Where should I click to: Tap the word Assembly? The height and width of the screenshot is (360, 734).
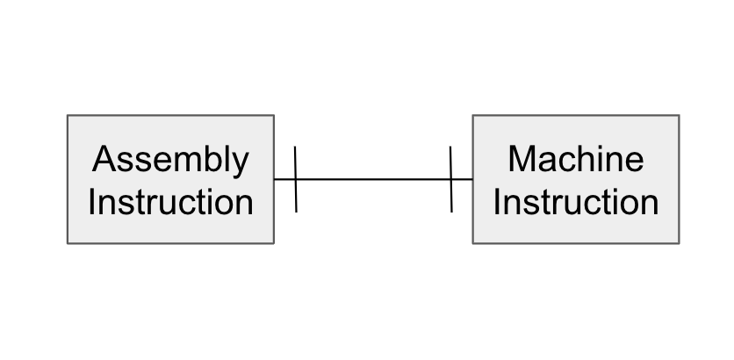tap(170, 160)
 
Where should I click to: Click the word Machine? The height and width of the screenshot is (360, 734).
tap(575, 159)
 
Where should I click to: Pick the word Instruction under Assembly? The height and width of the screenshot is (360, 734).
tap(170, 202)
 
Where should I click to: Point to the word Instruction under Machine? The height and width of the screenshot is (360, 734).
tap(575, 202)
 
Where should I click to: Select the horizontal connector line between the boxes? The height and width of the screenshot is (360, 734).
tap(373, 179)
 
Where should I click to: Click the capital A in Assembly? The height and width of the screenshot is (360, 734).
tap(104, 159)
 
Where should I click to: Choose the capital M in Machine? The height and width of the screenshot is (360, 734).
tap(522, 159)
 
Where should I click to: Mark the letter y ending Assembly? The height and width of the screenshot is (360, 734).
tap(241, 163)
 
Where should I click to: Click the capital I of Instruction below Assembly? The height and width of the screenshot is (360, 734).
tap(92, 202)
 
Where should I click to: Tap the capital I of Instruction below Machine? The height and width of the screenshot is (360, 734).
tap(497, 202)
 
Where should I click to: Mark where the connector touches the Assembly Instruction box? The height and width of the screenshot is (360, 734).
tap(275, 179)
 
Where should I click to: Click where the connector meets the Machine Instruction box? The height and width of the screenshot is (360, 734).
tap(472, 179)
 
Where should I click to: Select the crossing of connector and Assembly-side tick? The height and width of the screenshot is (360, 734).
tap(296, 179)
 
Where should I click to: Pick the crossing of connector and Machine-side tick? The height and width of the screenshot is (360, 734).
tap(451, 179)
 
